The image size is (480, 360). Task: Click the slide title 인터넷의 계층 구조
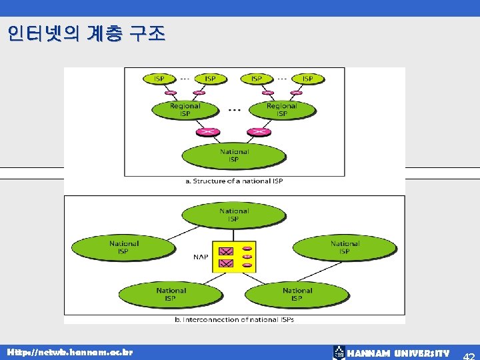click(x=87, y=34)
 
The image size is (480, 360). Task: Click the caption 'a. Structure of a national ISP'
click(x=234, y=181)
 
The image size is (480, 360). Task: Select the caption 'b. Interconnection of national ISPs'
click(x=234, y=319)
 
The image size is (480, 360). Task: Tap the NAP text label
click(x=200, y=256)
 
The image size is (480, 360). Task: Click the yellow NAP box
click(x=234, y=256)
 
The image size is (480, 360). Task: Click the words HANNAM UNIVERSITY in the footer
click(x=398, y=353)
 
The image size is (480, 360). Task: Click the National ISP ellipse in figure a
click(x=234, y=155)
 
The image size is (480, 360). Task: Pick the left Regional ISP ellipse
click(x=185, y=110)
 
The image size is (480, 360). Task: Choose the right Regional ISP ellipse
click(x=281, y=110)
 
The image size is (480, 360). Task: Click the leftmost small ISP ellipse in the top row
click(x=159, y=79)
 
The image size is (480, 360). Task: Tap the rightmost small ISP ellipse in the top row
click(x=307, y=79)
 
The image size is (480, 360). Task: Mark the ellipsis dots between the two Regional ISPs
click(x=234, y=109)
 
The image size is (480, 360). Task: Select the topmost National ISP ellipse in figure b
click(x=234, y=215)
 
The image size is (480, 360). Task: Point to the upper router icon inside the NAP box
click(x=226, y=251)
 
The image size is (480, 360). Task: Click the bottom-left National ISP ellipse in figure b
click(x=171, y=294)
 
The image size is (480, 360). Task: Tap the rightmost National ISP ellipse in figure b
click(x=344, y=247)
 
